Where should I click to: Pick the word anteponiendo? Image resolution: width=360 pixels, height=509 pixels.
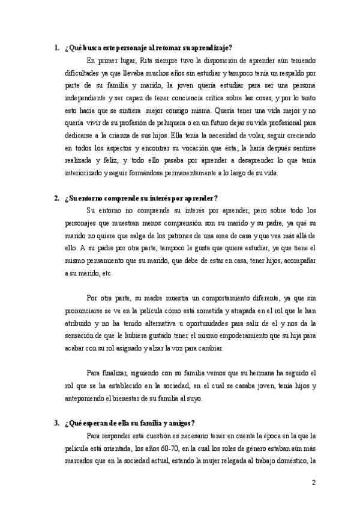tap(85, 399)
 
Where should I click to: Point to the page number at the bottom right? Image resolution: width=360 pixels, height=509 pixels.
tap(313, 483)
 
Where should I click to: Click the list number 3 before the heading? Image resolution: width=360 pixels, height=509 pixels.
tap(56, 424)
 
